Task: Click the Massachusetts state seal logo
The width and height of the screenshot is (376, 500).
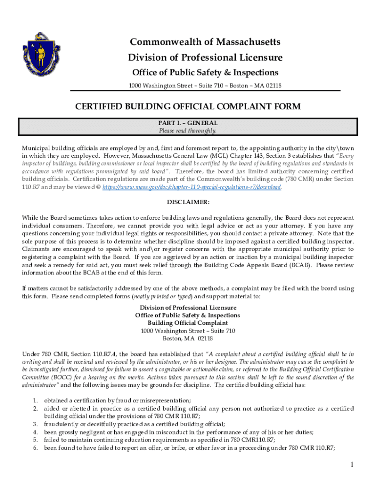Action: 41,51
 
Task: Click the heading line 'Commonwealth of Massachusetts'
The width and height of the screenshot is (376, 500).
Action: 205,42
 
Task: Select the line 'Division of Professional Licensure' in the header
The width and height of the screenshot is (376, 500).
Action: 205,58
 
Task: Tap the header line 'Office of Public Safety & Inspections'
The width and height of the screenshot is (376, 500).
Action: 205,73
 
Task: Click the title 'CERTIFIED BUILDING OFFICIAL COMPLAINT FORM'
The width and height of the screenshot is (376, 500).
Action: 188,106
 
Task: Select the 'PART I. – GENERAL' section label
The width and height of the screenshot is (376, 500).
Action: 188,123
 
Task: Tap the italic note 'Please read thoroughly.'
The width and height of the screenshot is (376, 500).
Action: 188,131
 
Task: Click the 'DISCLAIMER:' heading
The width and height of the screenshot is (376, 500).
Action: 188,202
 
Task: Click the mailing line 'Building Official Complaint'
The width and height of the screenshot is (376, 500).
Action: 188,323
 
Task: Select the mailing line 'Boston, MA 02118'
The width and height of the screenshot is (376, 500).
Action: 188,338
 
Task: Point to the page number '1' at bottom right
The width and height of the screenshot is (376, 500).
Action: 351,464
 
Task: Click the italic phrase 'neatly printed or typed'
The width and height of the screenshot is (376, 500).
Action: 162,296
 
